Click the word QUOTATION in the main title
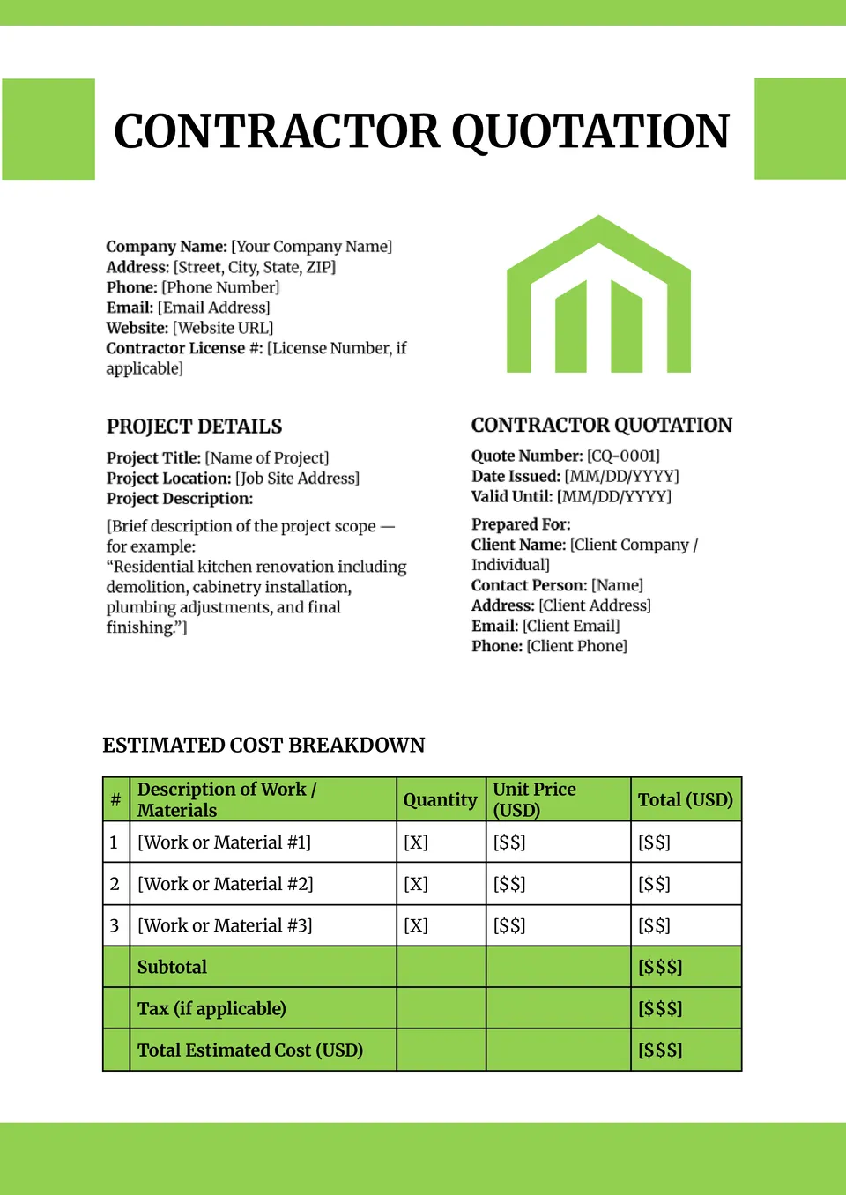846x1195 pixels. click(x=590, y=132)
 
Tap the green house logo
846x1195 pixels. click(x=598, y=295)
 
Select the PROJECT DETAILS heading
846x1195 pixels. click(x=194, y=427)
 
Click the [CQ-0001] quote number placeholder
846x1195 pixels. click(x=623, y=456)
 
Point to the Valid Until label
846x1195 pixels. click(x=512, y=496)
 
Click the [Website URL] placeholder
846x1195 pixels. click(x=223, y=328)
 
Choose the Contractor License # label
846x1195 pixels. click(x=184, y=348)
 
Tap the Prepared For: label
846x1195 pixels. click(x=521, y=524)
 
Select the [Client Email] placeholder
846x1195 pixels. click(x=571, y=626)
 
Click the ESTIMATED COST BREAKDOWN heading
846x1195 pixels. click(x=263, y=746)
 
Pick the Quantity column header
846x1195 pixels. click(x=440, y=800)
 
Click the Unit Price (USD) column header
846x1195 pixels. click(x=534, y=799)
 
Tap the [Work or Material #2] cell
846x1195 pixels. click(x=226, y=884)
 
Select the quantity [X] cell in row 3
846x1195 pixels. click(x=416, y=925)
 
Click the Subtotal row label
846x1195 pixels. click(x=172, y=967)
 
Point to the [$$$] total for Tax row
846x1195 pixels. click(x=660, y=1008)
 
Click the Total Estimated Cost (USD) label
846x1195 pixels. click(x=250, y=1050)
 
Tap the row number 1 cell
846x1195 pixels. click(x=115, y=842)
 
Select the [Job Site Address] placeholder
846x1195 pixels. click(x=297, y=479)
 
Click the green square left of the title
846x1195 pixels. click(x=48, y=130)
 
